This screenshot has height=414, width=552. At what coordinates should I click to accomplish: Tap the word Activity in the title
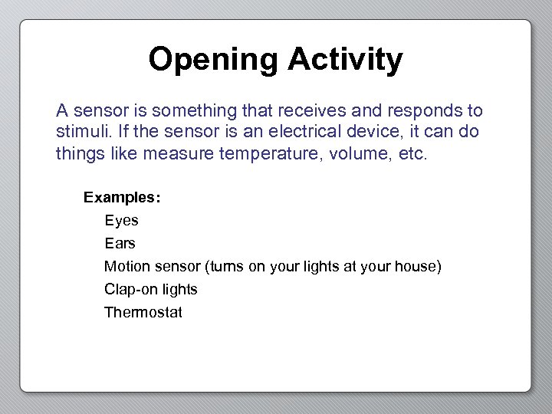(x=345, y=60)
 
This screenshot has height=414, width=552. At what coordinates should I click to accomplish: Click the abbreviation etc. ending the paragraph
(x=416, y=153)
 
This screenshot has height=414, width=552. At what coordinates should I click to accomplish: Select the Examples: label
(x=122, y=197)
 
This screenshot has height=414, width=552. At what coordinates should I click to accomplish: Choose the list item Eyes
(x=121, y=221)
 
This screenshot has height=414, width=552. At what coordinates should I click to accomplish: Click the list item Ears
(x=120, y=244)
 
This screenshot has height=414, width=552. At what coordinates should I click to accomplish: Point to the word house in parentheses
(x=414, y=267)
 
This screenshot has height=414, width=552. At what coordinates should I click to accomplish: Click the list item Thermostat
(x=143, y=313)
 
